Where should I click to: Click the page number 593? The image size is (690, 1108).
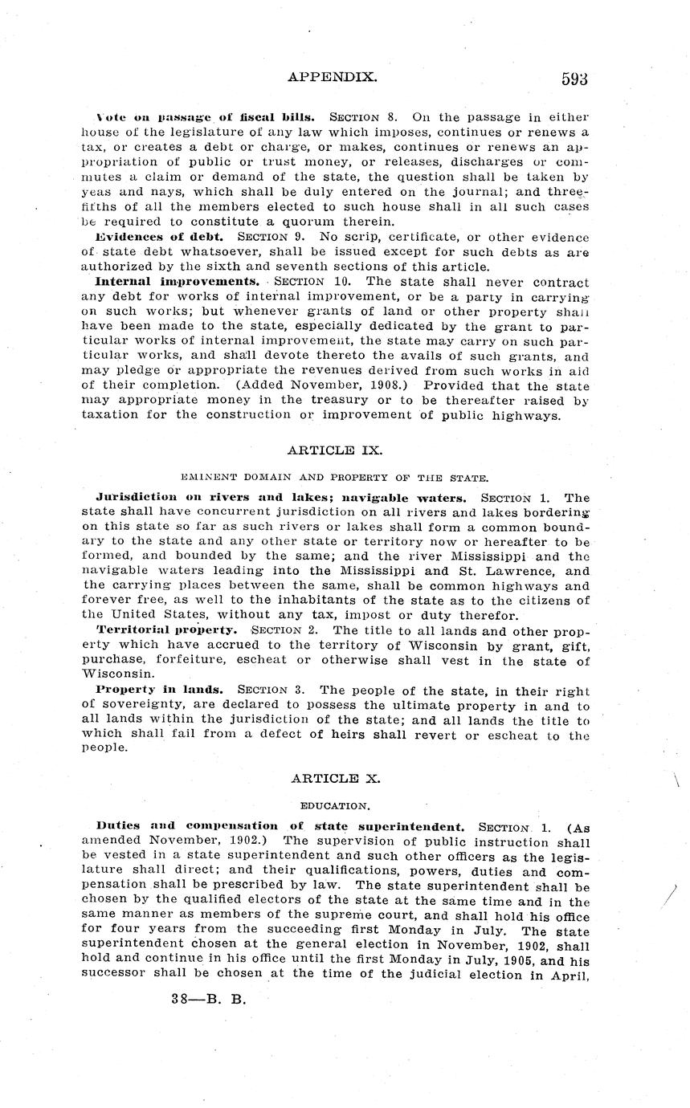coord(575,78)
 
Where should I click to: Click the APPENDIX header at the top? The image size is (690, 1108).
coord(332,77)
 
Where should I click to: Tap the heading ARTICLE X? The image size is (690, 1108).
coord(324,778)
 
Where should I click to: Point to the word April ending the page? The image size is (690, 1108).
coord(570,976)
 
